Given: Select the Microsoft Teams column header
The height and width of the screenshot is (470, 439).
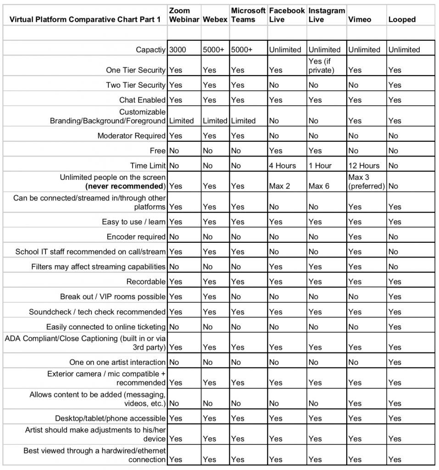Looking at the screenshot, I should (x=248, y=15).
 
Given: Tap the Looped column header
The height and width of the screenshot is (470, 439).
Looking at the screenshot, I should (x=402, y=19).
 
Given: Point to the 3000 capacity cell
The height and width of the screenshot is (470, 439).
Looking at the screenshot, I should (x=178, y=50).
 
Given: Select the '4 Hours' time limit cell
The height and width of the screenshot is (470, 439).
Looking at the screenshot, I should (x=283, y=166).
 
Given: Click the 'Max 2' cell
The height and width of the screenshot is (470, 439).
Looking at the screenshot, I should (x=280, y=186).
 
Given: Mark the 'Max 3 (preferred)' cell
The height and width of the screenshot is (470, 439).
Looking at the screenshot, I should (x=366, y=182).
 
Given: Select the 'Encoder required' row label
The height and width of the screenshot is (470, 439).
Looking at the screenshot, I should (x=136, y=237).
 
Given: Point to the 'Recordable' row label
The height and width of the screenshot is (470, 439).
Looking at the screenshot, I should (x=146, y=282).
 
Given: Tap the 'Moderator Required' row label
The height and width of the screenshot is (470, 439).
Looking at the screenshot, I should (x=131, y=136).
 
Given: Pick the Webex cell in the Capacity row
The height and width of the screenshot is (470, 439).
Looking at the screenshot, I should (x=213, y=50).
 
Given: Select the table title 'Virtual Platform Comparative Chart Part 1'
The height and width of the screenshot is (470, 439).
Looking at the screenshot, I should (x=85, y=19).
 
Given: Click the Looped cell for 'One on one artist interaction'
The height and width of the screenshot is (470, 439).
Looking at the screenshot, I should (x=395, y=363).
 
